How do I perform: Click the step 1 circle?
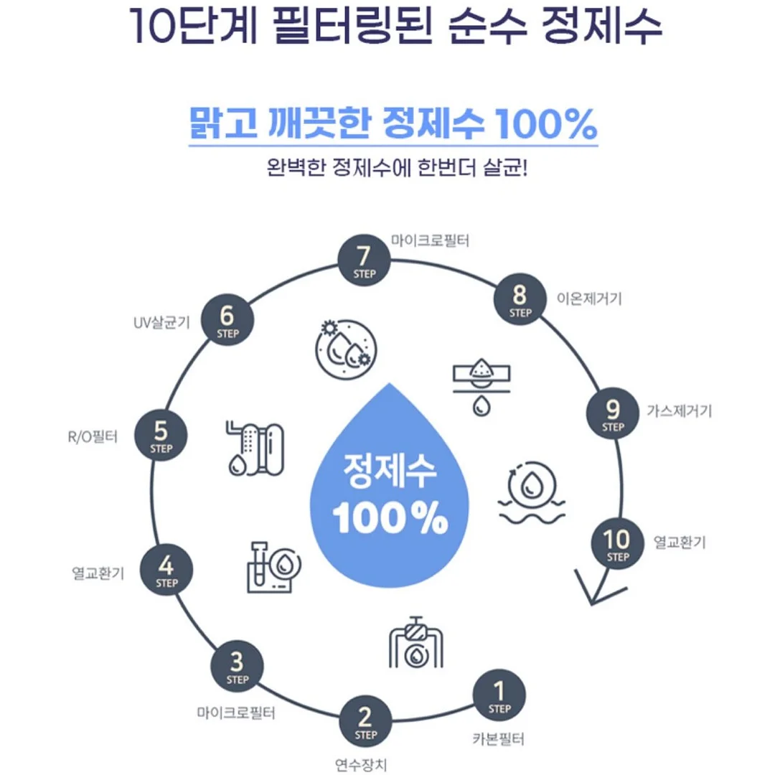(499, 695)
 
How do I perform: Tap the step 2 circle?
(365, 722)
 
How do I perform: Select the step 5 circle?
(161, 436)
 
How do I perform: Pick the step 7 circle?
(365, 260)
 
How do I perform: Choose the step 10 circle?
(618, 543)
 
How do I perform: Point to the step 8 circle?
(520, 299)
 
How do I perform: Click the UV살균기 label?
(162, 323)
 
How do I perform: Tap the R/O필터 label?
(93, 437)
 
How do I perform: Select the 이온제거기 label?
(589, 299)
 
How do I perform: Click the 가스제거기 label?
(679, 410)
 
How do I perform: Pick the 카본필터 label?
(498, 739)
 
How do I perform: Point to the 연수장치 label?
(361, 765)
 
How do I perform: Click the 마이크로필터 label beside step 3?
(236, 713)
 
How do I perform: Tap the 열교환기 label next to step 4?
(98, 573)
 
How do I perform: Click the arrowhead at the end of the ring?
(592, 603)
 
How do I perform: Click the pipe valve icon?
(415, 642)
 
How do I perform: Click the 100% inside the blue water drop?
(390, 517)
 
